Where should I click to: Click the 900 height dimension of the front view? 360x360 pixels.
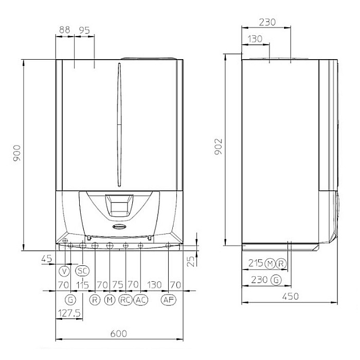tap(17, 154)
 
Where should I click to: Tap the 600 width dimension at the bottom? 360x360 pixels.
tap(118, 334)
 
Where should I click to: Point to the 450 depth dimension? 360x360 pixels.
tap(290, 297)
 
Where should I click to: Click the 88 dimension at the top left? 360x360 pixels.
tap(64, 30)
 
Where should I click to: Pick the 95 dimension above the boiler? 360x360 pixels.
tap(84, 30)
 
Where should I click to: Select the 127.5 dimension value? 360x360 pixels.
tap(69, 312)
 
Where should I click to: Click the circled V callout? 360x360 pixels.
tap(64, 271)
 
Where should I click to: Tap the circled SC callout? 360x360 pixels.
tap(82, 271)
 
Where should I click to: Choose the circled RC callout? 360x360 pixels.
tap(125, 300)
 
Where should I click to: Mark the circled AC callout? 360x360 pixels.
tap(140, 300)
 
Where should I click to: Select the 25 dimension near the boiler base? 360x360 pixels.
tap(191, 261)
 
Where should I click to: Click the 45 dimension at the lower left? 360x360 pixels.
tap(47, 259)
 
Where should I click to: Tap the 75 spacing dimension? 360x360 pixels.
tap(118, 285)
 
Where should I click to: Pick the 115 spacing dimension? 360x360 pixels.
tap(82, 285)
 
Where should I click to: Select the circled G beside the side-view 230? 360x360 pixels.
tap(276, 280)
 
